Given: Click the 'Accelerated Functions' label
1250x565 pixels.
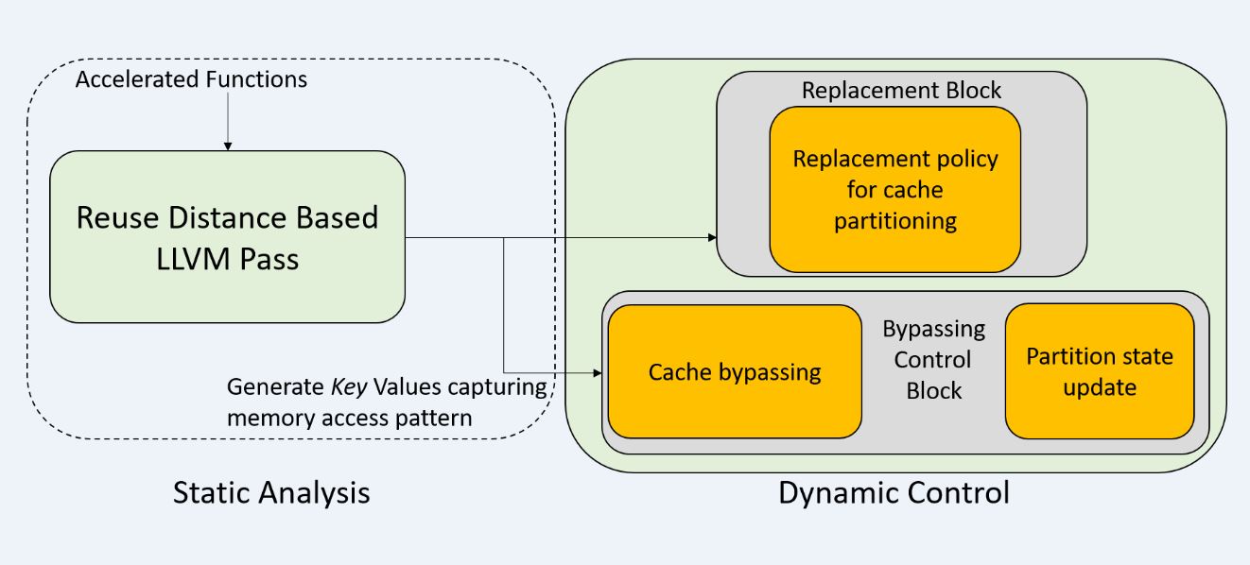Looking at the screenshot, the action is pos(191,79).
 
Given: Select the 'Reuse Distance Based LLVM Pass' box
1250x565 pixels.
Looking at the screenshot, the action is pos(227,236).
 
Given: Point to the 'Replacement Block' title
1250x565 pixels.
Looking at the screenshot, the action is pos(901,91).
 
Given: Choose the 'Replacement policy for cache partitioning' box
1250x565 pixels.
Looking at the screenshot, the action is pos(895,190).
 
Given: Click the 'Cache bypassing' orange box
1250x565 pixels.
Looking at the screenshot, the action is pos(735,371).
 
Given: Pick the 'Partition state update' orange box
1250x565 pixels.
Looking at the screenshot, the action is pos(1100,371).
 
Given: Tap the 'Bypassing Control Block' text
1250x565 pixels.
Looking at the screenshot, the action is pos(933,360).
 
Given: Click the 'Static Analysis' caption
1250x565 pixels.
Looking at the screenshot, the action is pos(271,493).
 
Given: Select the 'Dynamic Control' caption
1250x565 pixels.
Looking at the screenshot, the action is pos(894,493).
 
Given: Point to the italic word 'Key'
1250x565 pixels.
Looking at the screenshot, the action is pos(349,387).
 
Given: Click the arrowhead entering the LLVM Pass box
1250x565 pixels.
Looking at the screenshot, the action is pos(228,146).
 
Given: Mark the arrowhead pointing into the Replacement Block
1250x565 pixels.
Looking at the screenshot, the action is pos(712,237).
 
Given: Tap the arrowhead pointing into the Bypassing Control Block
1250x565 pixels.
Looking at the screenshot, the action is pos(597,372).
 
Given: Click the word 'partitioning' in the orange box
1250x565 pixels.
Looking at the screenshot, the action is pos(895,221).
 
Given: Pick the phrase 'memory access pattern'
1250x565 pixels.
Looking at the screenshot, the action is pos(349,419).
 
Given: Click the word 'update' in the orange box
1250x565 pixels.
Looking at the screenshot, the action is pos(1100,387).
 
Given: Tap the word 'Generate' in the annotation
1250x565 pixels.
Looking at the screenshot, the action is pos(275,387).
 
